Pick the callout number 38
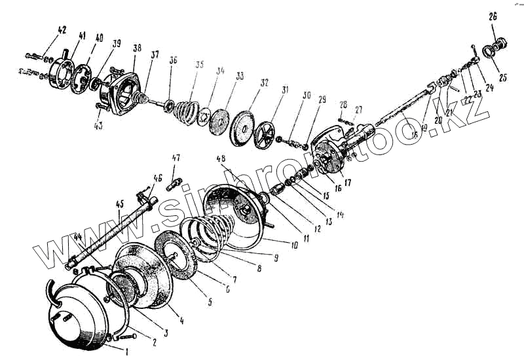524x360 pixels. pos(136,49)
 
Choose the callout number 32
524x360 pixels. pos(246,84)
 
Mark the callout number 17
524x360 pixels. pos(346,184)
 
